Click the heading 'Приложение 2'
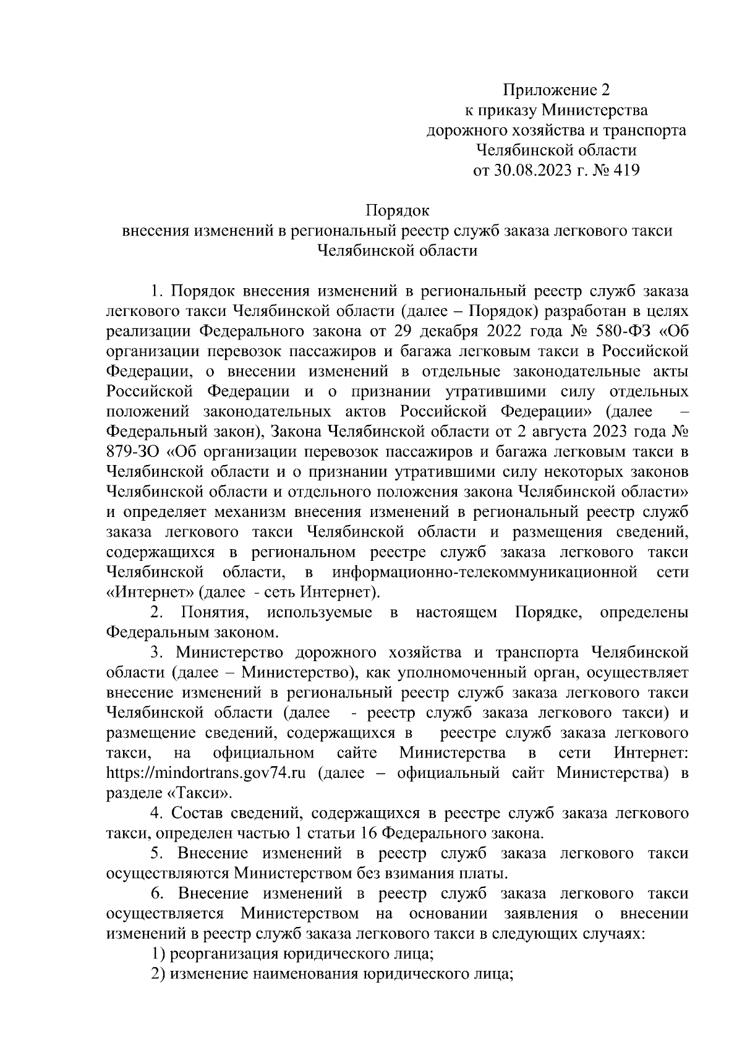point(556,91)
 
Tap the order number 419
point(625,170)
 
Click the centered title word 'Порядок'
point(398,211)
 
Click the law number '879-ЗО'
point(132,452)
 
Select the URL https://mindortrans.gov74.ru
point(207,773)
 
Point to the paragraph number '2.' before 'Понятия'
point(157,613)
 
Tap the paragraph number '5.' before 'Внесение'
point(157,853)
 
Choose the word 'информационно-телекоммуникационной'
point(484,572)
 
